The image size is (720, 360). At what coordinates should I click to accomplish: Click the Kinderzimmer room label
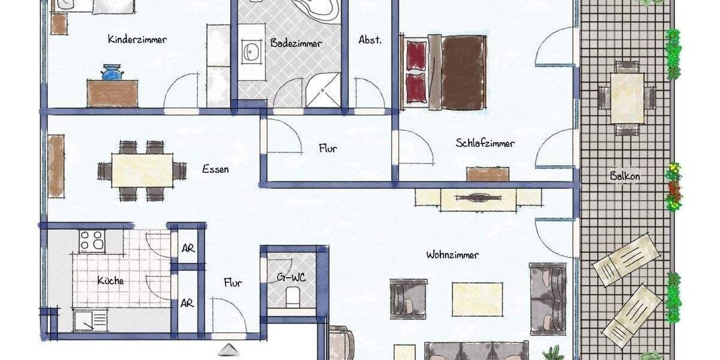(137, 40)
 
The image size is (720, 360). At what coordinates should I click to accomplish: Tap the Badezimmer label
(296, 43)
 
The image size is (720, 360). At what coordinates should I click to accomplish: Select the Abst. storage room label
(370, 40)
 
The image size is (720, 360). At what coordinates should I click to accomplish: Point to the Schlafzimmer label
(485, 143)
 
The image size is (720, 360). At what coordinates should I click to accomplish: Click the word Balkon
(625, 176)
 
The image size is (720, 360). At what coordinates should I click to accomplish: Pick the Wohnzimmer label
(452, 255)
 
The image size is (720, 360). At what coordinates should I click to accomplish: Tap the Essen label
(215, 169)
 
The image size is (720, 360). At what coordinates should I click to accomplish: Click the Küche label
(110, 280)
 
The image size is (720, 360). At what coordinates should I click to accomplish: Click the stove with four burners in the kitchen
(92, 241)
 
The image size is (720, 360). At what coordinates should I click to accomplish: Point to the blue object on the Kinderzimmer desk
(112, 73)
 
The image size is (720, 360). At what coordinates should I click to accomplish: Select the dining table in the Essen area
(142, 171)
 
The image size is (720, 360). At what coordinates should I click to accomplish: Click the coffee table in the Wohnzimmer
(478, 299)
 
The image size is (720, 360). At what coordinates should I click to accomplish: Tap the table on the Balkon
(627, 98)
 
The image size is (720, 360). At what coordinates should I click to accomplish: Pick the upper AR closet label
(188, 249)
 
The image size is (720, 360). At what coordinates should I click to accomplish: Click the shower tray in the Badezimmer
(323, 92)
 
